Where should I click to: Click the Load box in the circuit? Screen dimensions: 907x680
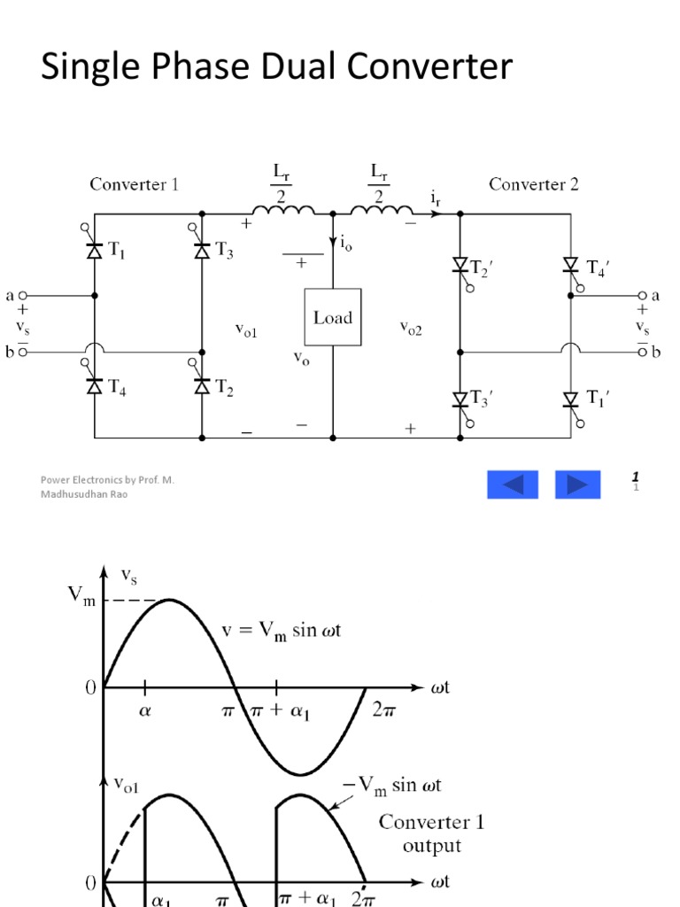333,316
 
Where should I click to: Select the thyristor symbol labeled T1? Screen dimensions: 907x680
94,252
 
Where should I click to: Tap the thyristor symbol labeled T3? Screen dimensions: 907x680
202,252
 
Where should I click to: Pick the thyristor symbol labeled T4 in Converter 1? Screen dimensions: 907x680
94,385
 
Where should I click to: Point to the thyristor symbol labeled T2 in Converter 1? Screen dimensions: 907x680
202,385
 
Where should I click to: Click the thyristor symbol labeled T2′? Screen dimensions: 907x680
460,264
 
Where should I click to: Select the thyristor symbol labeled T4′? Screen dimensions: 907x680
570,264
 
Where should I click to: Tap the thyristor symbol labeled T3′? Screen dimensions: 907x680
460,399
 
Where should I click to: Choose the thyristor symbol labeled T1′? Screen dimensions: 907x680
570,399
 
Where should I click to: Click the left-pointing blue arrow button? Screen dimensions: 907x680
512,485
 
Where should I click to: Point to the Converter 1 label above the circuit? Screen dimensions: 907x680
134,184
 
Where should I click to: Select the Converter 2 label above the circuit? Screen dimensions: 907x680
534,184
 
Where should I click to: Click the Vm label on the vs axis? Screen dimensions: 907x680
81,595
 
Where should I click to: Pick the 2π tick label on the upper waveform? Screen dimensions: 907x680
382,710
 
